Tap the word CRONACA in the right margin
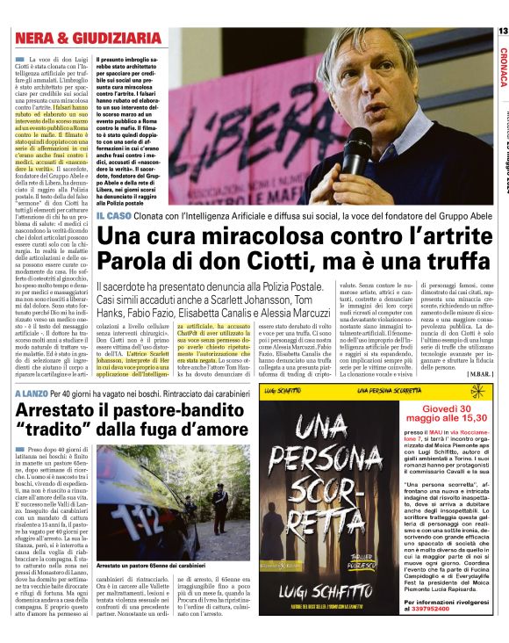point(503,67)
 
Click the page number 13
point(502,32)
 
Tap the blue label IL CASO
point(114,215)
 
